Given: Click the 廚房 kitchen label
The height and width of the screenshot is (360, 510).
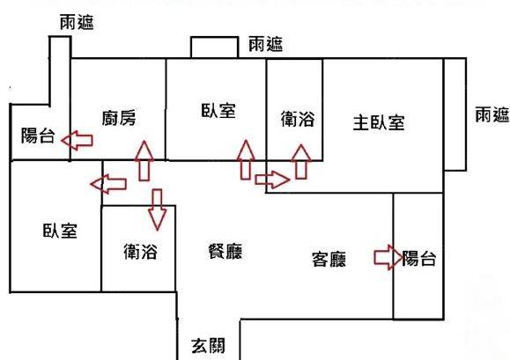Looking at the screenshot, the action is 119,118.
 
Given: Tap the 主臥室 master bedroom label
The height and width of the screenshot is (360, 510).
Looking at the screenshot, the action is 379,123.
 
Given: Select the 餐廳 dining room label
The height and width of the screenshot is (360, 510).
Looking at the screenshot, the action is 225,251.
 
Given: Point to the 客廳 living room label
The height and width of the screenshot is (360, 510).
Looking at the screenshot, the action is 329,259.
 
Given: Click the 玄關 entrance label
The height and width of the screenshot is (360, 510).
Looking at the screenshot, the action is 208,346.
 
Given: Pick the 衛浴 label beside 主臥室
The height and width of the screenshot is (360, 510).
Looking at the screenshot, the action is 298,119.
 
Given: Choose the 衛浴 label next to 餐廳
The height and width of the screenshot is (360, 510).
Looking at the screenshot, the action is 141,251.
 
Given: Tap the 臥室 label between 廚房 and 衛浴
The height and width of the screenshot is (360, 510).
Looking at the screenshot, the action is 218,111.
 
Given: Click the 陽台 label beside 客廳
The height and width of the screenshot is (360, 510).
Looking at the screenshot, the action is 419,258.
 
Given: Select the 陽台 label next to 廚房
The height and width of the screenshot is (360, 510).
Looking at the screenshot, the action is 38,136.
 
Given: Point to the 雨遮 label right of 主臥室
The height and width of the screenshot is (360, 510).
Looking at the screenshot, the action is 492,114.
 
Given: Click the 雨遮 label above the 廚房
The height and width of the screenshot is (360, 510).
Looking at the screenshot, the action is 77,23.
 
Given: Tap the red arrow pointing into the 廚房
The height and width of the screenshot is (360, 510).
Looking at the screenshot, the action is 144,161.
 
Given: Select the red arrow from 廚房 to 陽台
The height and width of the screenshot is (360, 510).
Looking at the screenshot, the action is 78,140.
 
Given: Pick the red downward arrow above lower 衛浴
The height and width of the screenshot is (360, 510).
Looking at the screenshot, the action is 157,209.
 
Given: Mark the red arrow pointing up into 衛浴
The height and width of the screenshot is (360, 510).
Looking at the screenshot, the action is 301,162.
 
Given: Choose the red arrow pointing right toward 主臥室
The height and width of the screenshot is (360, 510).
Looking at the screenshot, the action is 272,180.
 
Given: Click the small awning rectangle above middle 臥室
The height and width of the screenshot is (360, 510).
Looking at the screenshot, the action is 215,48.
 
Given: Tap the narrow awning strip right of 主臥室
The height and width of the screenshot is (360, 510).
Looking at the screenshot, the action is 455,114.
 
